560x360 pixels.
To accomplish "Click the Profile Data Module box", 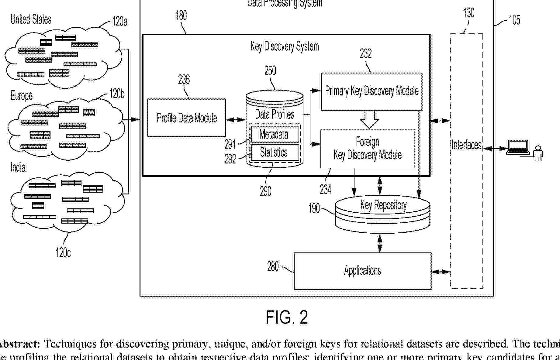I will (x=186, y=118).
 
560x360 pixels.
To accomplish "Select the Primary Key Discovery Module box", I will (x=371, y=91).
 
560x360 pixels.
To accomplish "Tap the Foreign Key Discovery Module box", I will (x=368, y=149).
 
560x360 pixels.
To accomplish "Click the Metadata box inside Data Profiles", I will (x=274, y=134).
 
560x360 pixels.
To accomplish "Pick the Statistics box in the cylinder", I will (x=274, y=152).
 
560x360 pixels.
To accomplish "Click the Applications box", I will (x=362, y=271).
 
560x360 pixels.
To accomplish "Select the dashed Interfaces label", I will (x=466, y=145).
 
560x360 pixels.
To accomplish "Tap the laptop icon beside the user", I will (x=518, y=147).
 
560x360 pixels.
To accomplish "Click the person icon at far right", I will (x=538, y=153).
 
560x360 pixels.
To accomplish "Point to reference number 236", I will (x=184, y=80).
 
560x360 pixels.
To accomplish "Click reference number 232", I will (x=366, y=54).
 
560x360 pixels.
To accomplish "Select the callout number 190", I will (x=314, y=208).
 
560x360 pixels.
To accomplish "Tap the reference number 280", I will (x=273, y=267).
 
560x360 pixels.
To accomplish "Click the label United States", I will (x=31, y=19).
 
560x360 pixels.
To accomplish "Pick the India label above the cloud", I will (x=18, y=167).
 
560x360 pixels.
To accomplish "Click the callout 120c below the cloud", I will (x=63, y=252).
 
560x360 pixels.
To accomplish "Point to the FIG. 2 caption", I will (x=287, y=317).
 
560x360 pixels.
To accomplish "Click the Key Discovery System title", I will (x=285, y=46).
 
